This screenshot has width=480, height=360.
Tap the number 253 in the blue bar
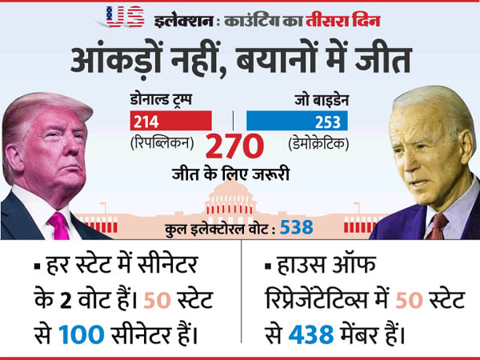[x=330, y=122]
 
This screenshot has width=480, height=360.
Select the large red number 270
[x=234, y=147]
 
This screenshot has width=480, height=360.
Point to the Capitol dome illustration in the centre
[x=233, y=196]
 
